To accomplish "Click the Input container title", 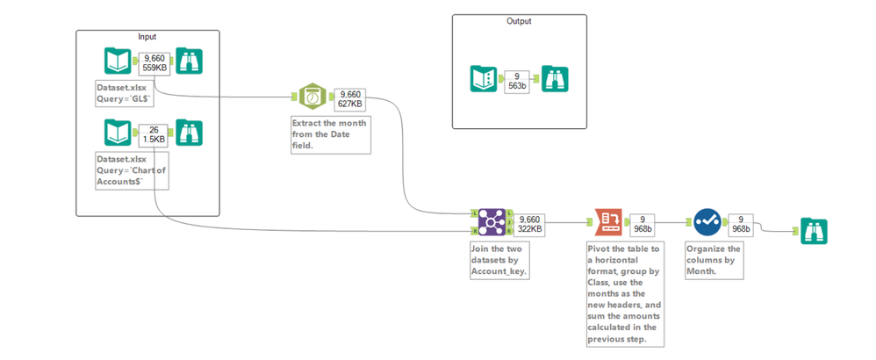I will [147, 36].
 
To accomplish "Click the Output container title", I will [519, 21].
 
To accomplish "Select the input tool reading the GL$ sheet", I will [118, 61].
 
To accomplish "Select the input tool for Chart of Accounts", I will [118, 133].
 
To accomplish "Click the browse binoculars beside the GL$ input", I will [190, 61].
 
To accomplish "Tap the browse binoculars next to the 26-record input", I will [190, 133].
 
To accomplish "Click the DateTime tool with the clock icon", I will [312, 99].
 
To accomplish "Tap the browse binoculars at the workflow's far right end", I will [812, 232].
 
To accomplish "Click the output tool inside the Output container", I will [485, 80].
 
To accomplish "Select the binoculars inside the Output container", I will [556, 80].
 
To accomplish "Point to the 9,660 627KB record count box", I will [349, 100].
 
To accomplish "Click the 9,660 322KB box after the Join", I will [529, 223].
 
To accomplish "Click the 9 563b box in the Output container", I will [516, 81].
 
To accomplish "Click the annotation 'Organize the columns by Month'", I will [714, 260].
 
